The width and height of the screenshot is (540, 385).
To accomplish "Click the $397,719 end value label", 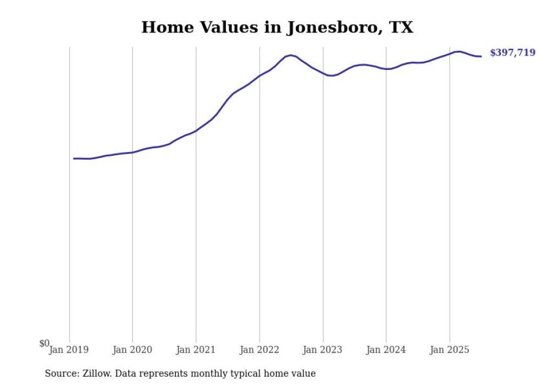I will [x=512, y=53].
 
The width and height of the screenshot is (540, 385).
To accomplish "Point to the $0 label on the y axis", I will [x=44, y=344].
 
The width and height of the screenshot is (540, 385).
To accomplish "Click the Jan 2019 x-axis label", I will [x=69, y=350].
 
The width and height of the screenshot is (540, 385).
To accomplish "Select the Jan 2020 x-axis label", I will [x=132, y=350].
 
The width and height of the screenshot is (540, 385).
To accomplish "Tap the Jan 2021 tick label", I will [x=196, y=350].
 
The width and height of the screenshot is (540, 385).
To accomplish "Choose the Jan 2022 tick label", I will [x=260, y=350].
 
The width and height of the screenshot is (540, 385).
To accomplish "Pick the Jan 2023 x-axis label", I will [x=323, y=350].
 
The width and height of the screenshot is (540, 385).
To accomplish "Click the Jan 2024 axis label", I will [x=386, y=350].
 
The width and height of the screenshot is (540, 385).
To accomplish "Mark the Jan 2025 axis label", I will [x=450, y=350].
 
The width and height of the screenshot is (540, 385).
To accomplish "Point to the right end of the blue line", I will [x=481, y=56].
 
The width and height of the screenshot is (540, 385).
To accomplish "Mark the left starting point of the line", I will [x=74, y=158].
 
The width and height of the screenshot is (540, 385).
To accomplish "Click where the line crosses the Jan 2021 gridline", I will [x=196, y=131].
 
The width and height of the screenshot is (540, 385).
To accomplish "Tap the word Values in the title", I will [x=228, y=28].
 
